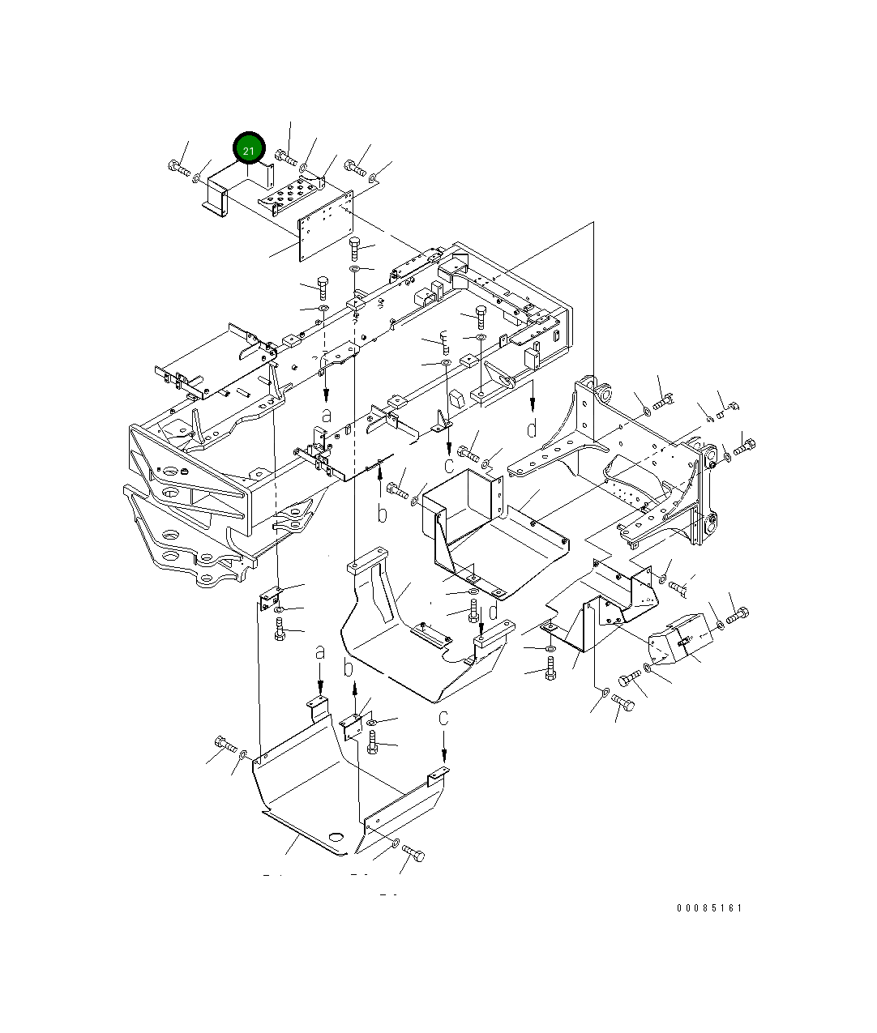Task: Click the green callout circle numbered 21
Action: [249, 148]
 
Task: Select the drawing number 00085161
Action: [709, 907]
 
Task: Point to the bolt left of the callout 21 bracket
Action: [179, 168]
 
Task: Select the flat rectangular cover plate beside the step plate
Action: [326, 226]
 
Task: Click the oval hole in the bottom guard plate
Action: [336, 836]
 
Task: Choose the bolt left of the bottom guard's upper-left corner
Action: [225, 744]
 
